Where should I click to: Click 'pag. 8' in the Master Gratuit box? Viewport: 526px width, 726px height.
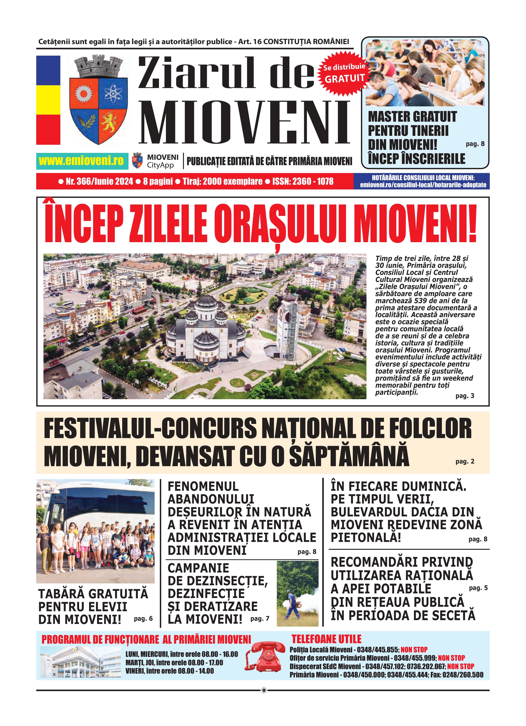pyautogui.click(x=475, y=144)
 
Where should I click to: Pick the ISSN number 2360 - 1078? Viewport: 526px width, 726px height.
pyautogui.click(x=313, y=181)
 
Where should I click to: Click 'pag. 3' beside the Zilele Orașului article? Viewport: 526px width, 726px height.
pyautogui.click(x=465, y=396)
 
